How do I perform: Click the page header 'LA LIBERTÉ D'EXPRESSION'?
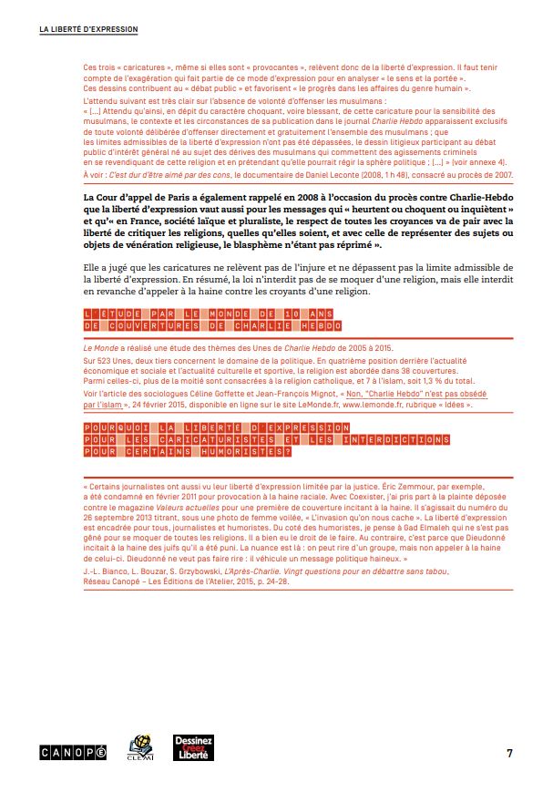(88, 29)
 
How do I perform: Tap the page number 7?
(509, 752)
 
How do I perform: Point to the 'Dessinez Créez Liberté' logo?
(192, 749)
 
